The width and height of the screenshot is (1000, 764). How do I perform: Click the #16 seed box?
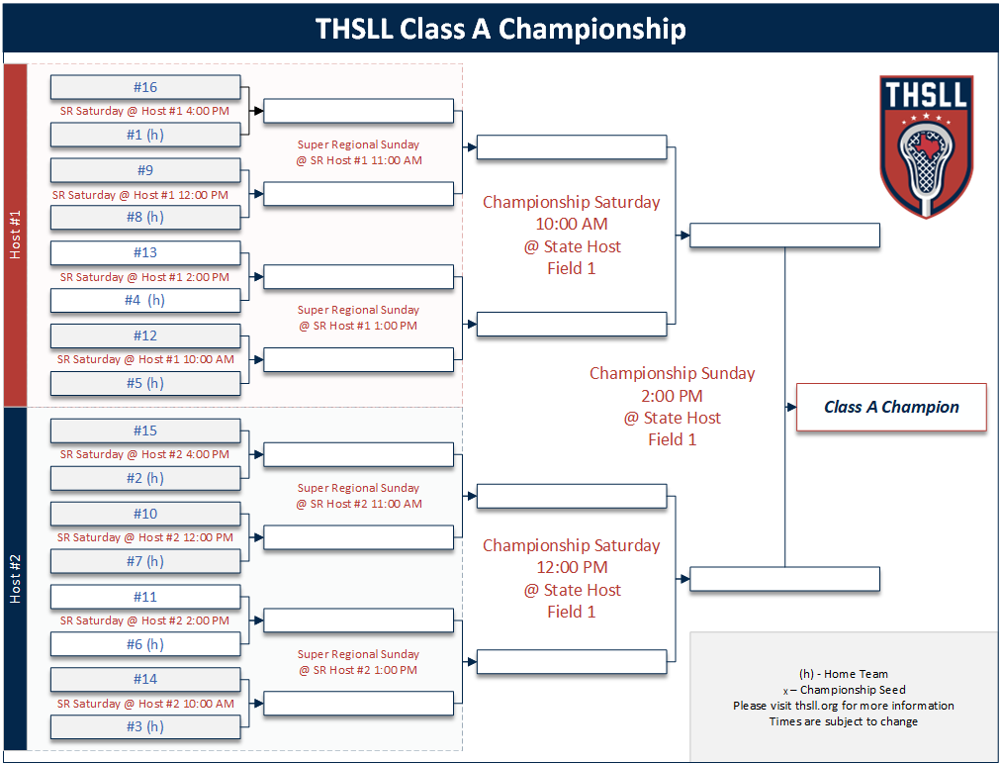pyautogui.click(x=145, y=87)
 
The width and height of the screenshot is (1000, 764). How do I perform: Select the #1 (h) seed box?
pyautogui.click(x=145, y=135)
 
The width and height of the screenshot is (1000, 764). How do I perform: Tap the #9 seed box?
pyautogui.click(x=145, y=170)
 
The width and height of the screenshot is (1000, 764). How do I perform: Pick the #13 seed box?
pyautogui.click(x=145, y=252)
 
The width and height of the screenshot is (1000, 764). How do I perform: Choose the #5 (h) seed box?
pyautogui.click(x=145, y=383)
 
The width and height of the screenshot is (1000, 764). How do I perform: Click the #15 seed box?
pyautogui.click(x=145, y=430)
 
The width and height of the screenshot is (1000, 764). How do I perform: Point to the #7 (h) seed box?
pyautogui.click(x=145, y=561)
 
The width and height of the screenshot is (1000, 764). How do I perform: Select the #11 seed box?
pyautogui.click(x=145, y=597)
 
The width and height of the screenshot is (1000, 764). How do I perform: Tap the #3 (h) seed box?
pyautogui.click(x=145, y=726)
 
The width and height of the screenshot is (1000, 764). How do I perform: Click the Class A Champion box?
pyautogui.click(x=891, y=407)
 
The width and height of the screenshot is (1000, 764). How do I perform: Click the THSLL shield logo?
pyautogui.click(x=927, y=146)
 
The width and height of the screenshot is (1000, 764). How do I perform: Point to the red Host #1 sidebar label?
pyautogui.click(x=15, y=236)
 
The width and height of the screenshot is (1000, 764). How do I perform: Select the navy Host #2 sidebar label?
pyautogui.click(x=15, y=579)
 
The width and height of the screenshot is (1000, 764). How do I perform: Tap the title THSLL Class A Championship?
pyautogui.click(x=500, y=29)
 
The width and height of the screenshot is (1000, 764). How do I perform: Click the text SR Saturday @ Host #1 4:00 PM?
pyautogui.click(x=144, y=111)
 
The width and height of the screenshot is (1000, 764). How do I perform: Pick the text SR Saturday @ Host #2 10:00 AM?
pyautogui.click(x=145, y=704)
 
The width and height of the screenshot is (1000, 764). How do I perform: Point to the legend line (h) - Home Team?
pyautogui.click(x=844, y=674)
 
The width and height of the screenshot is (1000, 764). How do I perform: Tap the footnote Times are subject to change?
pyautogui.click(x=844, y=721)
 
